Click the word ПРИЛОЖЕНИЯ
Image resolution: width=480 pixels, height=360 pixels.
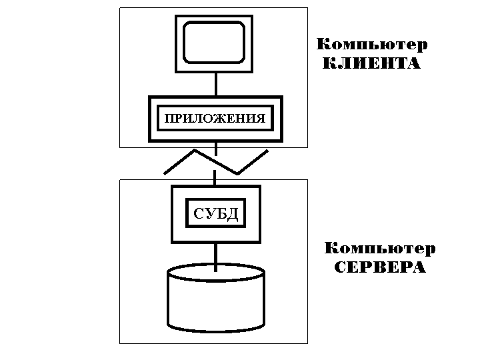click(x=215, y=119)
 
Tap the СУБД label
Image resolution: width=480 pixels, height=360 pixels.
click(x=215, y=215)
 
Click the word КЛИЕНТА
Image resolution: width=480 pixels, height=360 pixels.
click(x=371, y=64)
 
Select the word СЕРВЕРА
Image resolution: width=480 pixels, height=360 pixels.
click(x=379, y=268)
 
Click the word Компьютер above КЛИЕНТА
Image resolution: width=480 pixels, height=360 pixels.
click(x=371, y=45)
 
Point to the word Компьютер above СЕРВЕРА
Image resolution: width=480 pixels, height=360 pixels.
click(x=379, y=249)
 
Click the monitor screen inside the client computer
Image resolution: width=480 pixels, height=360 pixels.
click(x=215, y=43)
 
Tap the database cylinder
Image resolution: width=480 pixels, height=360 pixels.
click(x=216, y=303)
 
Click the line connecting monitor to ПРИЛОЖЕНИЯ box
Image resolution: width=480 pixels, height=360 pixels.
click(x=215, y=85)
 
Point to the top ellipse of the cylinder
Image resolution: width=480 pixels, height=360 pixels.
click(x=216, y=273)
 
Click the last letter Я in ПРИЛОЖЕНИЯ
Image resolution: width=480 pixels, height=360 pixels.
click(x=261, y=119)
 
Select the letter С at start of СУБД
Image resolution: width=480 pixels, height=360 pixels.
click(x=198, y=215)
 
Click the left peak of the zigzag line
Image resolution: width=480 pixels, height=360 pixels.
click(x=194, y=151)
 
